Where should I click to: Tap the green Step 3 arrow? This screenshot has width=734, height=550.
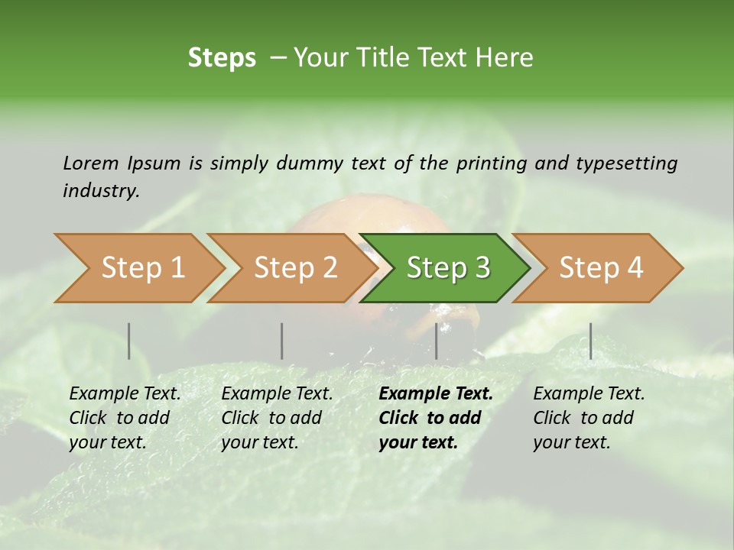pos(447,268)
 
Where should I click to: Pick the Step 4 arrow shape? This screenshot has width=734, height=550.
pos(600,268)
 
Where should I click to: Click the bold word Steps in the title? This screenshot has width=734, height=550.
pos(222,58)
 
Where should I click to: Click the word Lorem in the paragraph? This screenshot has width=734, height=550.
pos(90,163)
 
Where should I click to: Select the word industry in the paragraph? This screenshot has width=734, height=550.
pos(100,190)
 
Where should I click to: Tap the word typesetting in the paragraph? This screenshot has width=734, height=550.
pos(626,163)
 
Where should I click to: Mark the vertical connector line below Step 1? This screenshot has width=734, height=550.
pos(129,341)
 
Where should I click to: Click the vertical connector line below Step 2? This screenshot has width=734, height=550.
pos(282,341)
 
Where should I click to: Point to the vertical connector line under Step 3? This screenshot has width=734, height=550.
pos(437,341)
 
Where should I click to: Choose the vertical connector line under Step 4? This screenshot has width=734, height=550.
pos(590,341)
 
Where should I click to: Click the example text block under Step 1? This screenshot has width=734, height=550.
pos(125,418)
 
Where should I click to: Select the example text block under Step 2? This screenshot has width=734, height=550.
pos(277,418)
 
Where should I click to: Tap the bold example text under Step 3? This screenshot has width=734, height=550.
pos(435,418)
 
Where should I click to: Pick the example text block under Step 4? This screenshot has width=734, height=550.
pos(589,418)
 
